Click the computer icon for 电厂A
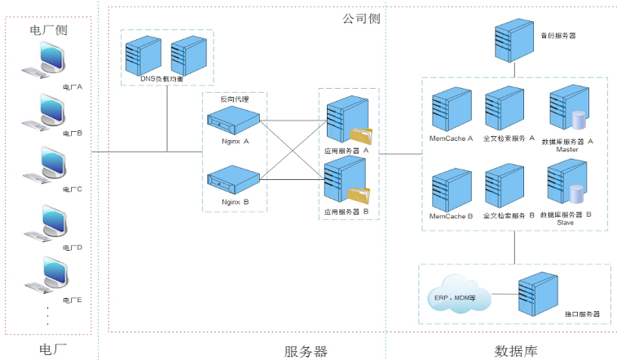(x=48, y=63)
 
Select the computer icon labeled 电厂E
(x=48, y=278)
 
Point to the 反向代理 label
(x=234, y=99)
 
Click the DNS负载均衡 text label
(x=166, y=79)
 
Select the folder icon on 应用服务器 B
(x=359, y=195)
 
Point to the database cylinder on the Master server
(x=580, y=120)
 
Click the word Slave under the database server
(x=566, y=222)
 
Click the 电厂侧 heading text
(x=48, y=30)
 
